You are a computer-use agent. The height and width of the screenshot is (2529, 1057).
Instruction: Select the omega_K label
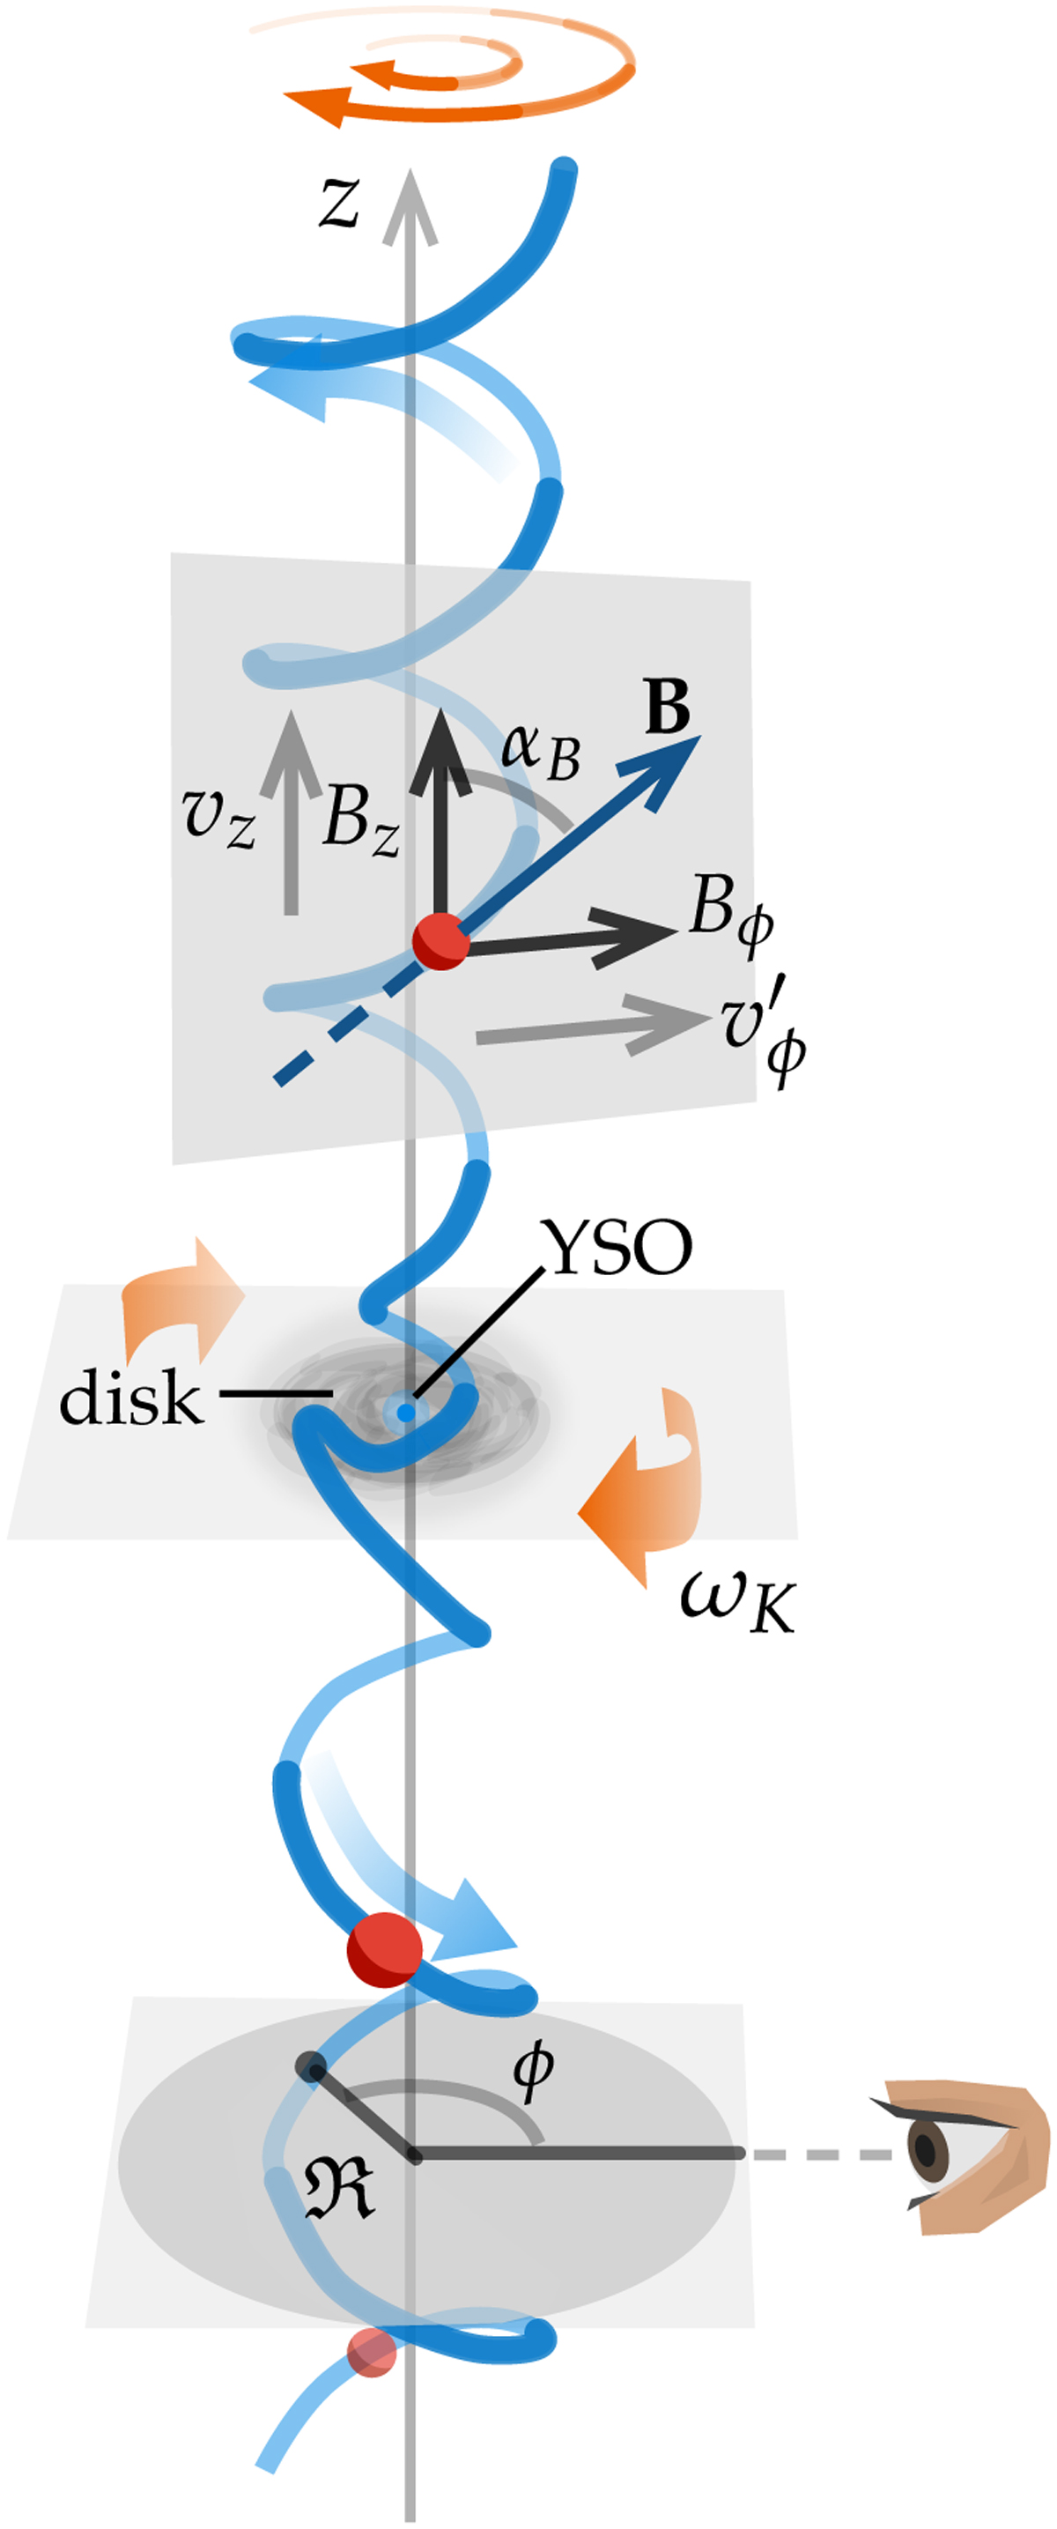(x=736, y=1602)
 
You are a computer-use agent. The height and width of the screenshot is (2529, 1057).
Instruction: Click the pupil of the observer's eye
(x=926, y=2148)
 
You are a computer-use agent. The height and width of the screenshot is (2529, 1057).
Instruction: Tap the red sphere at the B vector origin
(x=440, y=940)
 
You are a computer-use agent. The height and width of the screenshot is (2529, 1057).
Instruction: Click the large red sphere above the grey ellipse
(x=385, y=1950)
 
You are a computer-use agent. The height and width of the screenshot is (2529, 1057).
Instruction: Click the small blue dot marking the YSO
(x=405, y=1413)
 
